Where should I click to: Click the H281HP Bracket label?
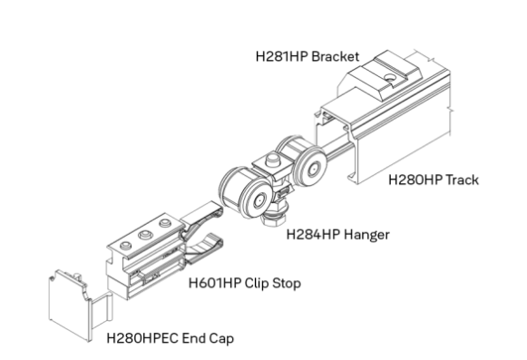[307, 56]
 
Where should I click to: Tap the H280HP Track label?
[434, 180]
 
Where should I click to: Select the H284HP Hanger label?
[337, 234]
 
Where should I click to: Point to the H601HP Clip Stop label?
[244, 283]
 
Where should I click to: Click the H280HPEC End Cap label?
[170, 338]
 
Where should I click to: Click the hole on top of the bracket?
[391, 78]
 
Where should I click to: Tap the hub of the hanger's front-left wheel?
[259, 201]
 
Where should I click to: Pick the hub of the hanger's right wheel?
[313, 169]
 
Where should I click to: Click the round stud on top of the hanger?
[273, 160]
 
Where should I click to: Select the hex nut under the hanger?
[273, 219]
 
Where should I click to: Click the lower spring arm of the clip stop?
[205, 248]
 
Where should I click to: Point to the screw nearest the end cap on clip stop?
[126, 246]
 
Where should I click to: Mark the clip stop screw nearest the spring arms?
[165, 223]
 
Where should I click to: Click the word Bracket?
[336, 56]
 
